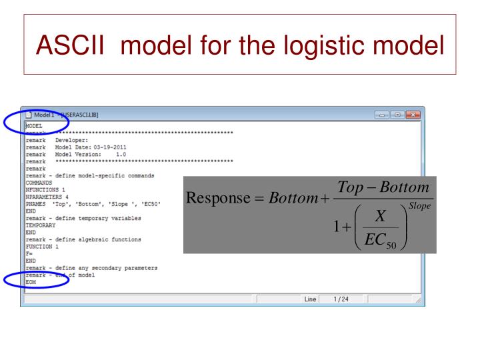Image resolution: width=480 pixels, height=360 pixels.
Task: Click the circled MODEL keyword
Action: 34,125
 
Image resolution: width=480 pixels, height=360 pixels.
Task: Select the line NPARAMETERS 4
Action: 47,197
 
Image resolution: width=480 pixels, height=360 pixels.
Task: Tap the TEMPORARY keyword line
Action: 41,225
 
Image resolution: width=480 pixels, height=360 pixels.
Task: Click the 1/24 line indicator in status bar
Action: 343,299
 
